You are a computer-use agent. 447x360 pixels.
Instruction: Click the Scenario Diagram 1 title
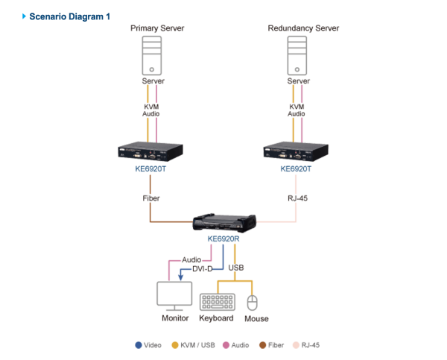[69, 16]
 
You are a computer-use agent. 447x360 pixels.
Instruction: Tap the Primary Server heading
[157, 28]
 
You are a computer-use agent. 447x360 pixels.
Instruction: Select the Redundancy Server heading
[303, 28]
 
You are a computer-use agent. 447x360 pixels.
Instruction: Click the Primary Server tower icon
[152, 57]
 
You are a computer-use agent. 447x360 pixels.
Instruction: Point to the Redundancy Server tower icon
[297, 57]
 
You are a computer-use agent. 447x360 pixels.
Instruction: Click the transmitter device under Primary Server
[151, 151]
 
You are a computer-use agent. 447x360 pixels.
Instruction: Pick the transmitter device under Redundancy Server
[296, 151]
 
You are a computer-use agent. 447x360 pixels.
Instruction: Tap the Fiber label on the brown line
[150, 198]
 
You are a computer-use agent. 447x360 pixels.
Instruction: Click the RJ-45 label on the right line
[297, 198]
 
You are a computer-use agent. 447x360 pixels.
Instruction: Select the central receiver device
[223, 223]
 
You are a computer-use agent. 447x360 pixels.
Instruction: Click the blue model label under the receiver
[223, 239]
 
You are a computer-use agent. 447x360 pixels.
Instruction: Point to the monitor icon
[174, 296]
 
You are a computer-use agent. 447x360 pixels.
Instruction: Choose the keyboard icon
[217, 301]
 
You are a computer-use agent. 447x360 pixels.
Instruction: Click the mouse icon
[252, 302]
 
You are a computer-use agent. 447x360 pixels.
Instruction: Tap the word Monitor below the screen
[174, 318]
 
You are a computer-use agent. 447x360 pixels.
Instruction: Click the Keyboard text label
[217, 318]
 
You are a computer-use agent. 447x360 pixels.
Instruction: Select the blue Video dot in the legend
[139, 345]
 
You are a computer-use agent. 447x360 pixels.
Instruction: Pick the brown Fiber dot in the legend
[261, 345]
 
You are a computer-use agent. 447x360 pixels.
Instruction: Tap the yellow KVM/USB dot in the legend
[174, 345]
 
